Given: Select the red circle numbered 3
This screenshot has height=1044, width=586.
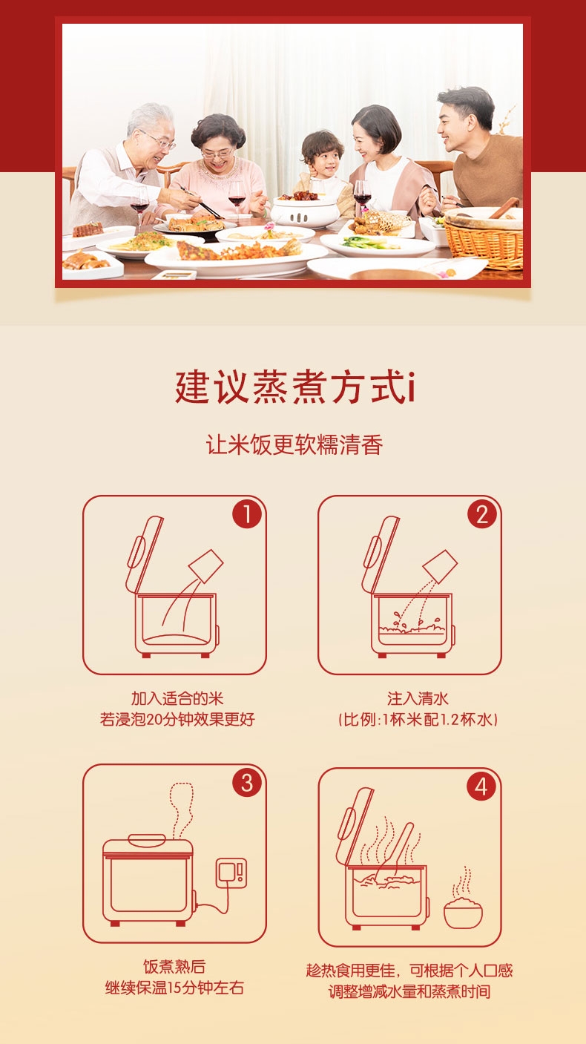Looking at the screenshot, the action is pos(247,783).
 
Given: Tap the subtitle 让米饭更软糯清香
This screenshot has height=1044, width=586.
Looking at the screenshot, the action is pos(294,444).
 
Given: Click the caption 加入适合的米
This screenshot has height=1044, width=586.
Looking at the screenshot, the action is pos(177,698).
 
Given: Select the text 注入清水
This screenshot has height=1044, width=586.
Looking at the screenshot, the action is pos(418,698).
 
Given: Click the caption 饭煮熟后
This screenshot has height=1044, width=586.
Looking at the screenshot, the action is pos(174,967).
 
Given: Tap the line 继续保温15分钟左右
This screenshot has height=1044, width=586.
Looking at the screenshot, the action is pos(174,988).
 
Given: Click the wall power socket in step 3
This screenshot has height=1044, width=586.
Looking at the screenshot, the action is pos(231,873).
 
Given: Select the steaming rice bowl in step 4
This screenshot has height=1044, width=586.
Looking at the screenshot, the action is pos(463,898).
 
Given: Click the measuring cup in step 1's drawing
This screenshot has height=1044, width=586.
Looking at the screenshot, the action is pos(206,566).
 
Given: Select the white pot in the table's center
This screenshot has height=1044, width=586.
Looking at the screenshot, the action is pos(306,211).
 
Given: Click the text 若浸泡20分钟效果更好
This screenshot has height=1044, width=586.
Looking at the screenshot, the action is pos(177,719).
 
